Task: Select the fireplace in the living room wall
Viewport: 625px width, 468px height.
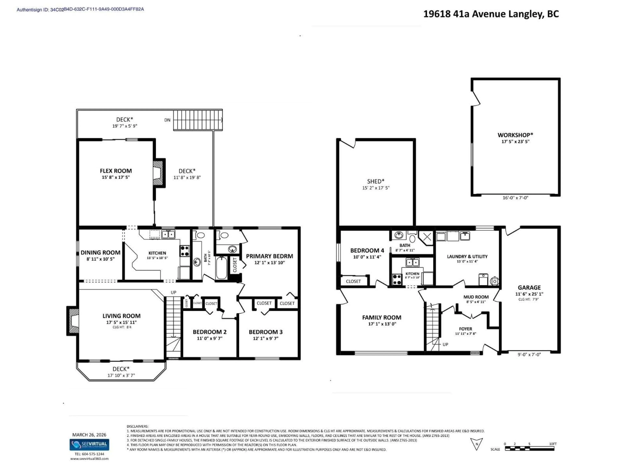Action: (x=73, y=321)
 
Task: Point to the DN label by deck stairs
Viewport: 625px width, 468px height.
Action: (x=167, y=120)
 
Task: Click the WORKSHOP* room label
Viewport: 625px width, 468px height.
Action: (x=515, y=135)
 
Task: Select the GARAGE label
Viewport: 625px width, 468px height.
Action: (x=529, y=287)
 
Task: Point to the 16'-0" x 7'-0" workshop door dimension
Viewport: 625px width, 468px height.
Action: (x=515, y=198)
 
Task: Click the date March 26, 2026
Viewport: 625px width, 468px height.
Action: (x=89, y=435)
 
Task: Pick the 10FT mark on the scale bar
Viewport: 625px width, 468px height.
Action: (x=553, y=444)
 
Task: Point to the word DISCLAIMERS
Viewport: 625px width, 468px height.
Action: (x=137, y=426)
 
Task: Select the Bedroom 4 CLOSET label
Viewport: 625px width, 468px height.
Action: (x=353, y=281)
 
